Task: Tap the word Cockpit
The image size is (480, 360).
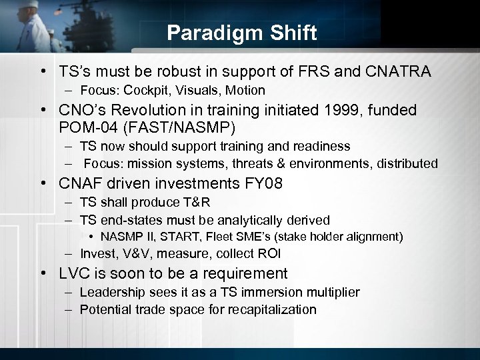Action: [x=143, y=90]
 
